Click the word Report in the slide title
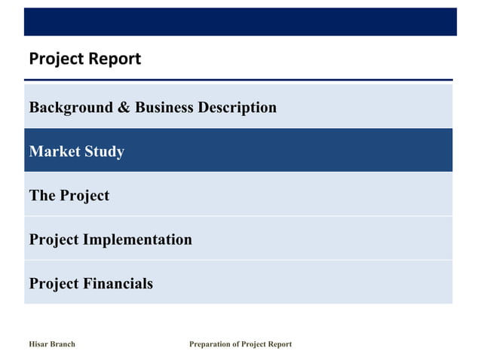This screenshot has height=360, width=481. tap(115, 59)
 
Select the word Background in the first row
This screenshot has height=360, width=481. tap(70, 108)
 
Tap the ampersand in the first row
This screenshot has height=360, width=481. tap(124, 108)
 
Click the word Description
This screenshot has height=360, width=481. tap(237, 108)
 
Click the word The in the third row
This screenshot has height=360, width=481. tap(42, 196)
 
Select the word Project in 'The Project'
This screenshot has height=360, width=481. tap(84, 196)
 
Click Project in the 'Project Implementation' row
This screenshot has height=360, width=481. tap(54, 240)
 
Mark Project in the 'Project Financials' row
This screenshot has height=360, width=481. tap(54, 284)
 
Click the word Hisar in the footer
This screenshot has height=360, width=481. tap(38, 344)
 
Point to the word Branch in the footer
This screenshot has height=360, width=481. tap(62, 344)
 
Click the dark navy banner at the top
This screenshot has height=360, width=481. tap(240, 22)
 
